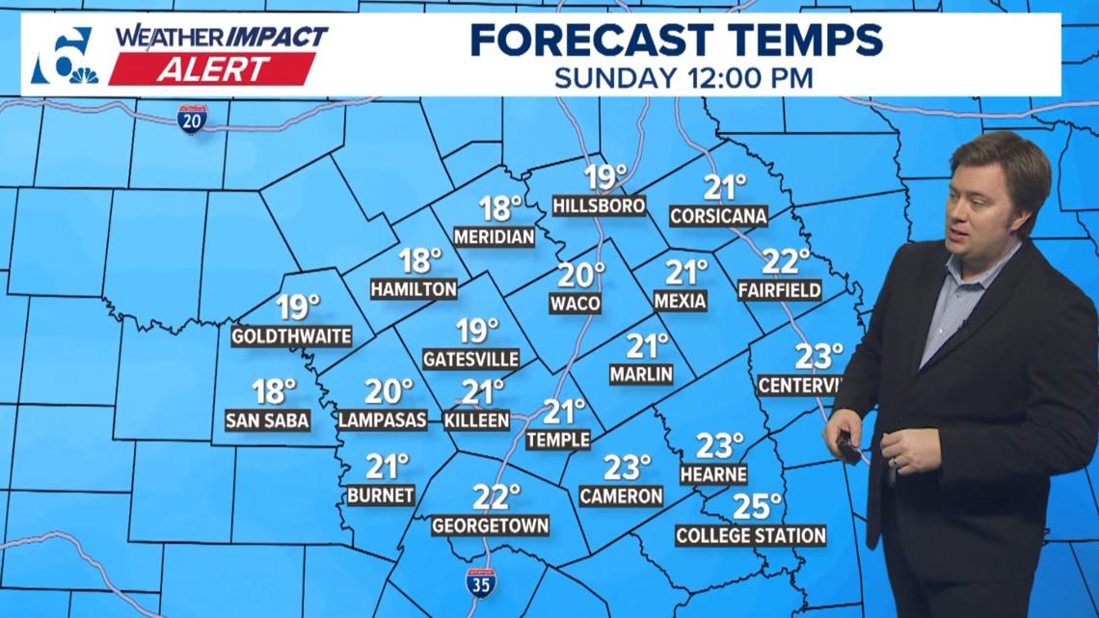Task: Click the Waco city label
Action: pos(576,304)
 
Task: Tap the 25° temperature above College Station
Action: pos(757,506)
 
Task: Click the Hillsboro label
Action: pos(598,206)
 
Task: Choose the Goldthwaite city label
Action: pos(291,336)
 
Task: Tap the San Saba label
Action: pos(267,420)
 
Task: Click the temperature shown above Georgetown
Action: pos(496,497)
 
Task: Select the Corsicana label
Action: pos(719,216)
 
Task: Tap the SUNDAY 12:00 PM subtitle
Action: pos(684,78)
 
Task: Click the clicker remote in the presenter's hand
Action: pos(846,445)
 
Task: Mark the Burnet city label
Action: pos(381,496)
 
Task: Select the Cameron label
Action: pos(621,496)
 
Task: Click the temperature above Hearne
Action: pos(720,445)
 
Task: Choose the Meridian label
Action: pos(494,236)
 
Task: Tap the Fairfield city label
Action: pos(779,289)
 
